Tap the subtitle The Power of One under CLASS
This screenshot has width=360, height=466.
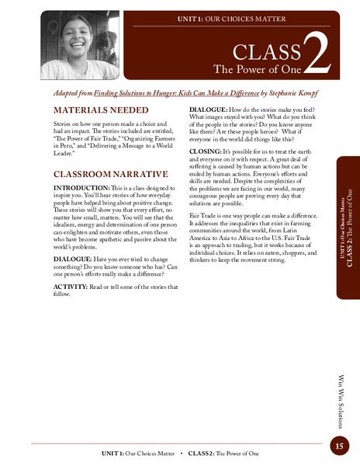pos(257,69)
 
